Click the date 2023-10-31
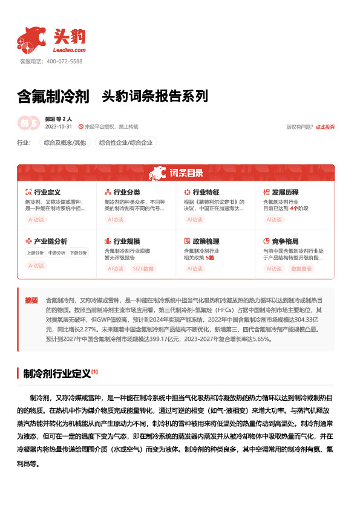click(59, 127)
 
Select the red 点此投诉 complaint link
click(325, 127)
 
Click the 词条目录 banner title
click(186, 173)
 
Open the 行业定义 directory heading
click(47, 192)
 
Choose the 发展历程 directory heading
click(284, 192)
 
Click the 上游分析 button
click(36, 253)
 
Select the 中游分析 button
click(56, 253)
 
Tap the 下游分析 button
click(77, 253)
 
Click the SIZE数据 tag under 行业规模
click(143, 268)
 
